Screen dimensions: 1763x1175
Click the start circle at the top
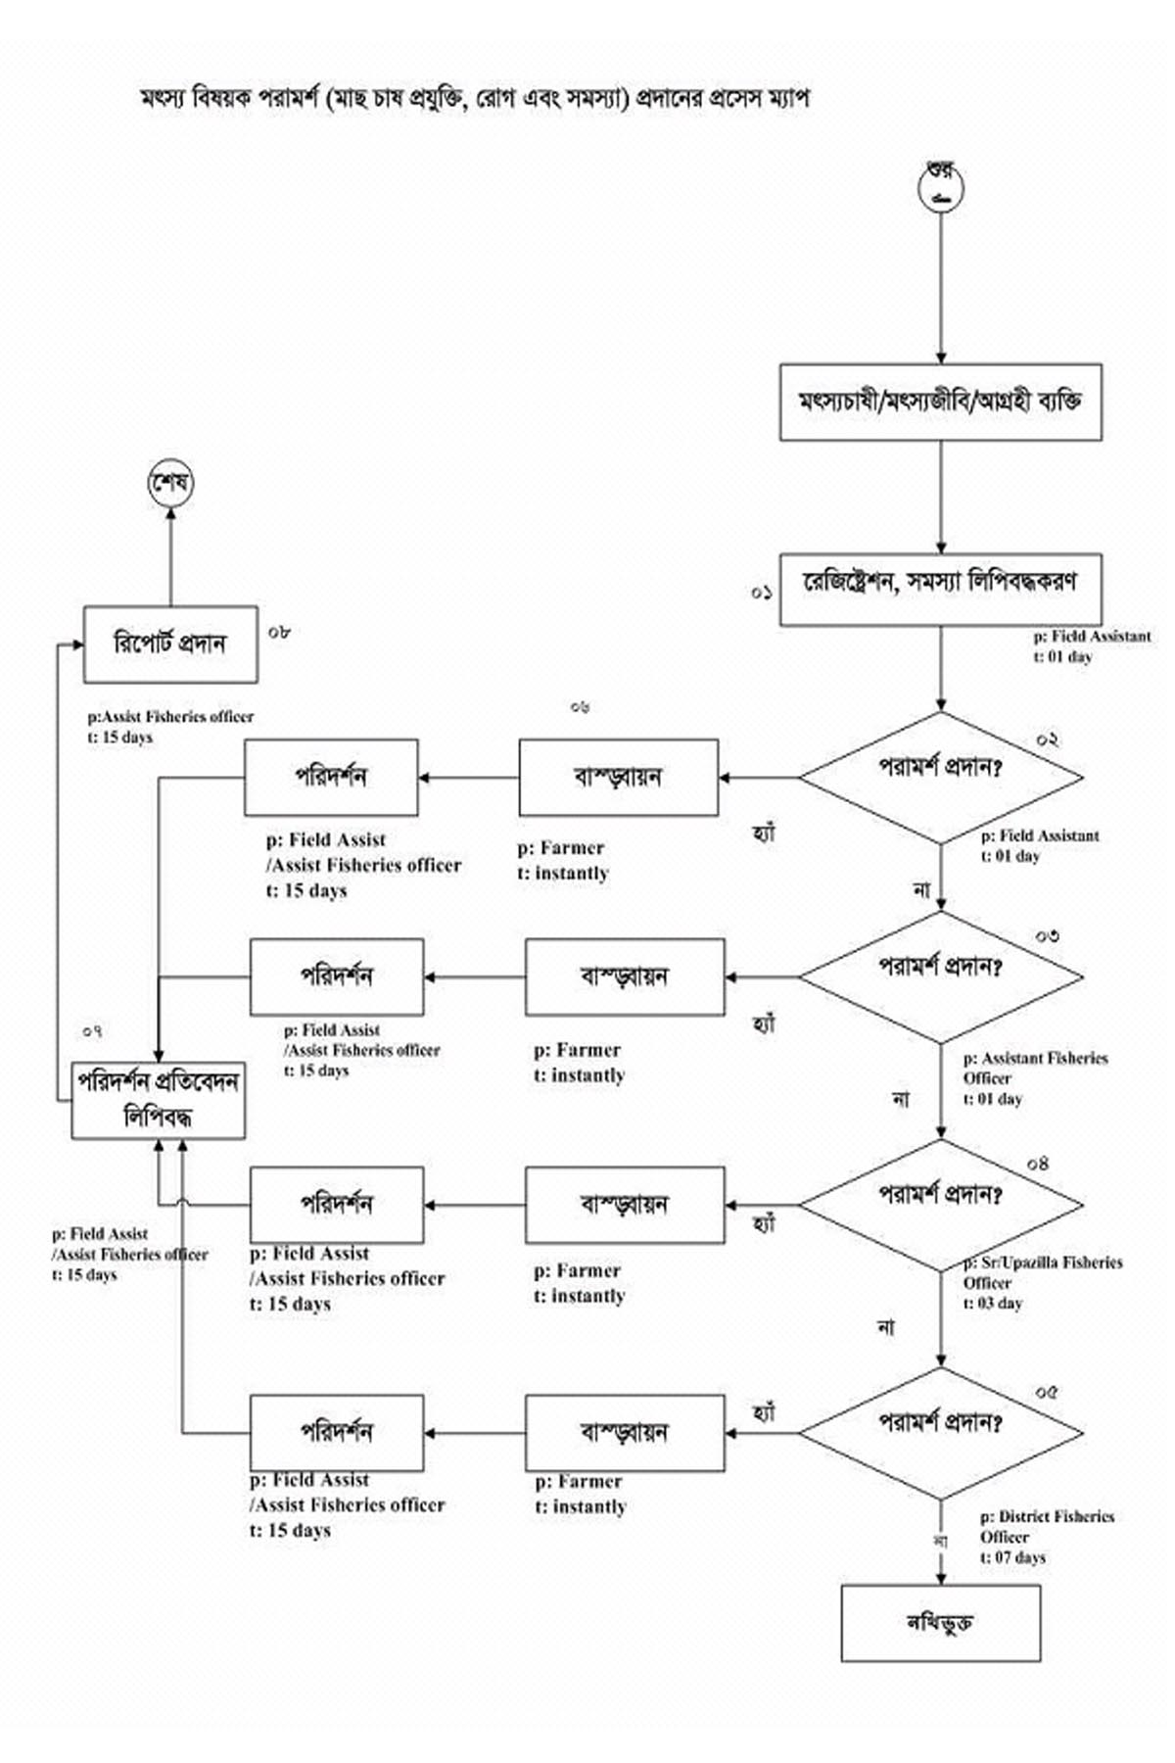[x=941, y=188]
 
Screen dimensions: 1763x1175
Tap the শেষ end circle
[x=170, y=484]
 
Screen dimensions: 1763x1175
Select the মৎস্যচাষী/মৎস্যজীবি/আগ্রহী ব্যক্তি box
[x=940, y=402]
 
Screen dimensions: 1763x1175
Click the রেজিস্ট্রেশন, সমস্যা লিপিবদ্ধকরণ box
[x=940, y=590]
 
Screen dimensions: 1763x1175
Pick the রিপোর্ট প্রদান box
[x=170, y=643]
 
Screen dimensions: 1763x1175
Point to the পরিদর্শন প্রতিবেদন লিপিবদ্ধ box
[x=158, y=1100]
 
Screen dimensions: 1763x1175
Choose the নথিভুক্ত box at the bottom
[x=940, y=1623]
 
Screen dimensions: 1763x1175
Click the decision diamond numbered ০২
[x=940, y=778]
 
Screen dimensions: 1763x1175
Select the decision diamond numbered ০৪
[x=940, y=1204]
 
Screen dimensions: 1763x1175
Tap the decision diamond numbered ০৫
[x=940, y=1432]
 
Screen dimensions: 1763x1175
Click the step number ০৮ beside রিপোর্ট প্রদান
[x=279, y=633]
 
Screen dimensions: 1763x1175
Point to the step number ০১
[x=762, y=593]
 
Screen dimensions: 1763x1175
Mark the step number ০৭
[x=93, y=1031]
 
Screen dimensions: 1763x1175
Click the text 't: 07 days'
[x=1012, y=1557]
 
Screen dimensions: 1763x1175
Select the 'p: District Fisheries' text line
[x=1047, y=1516]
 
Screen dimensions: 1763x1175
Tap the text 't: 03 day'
[x=993, y=1304]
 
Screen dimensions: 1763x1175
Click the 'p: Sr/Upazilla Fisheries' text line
[x=1044, y=1263]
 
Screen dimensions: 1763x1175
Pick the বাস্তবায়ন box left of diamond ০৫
[x=625, y=1433]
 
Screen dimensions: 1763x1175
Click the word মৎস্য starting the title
[x=165, y=98]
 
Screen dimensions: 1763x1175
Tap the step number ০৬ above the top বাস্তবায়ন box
[x=580, y=706]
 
